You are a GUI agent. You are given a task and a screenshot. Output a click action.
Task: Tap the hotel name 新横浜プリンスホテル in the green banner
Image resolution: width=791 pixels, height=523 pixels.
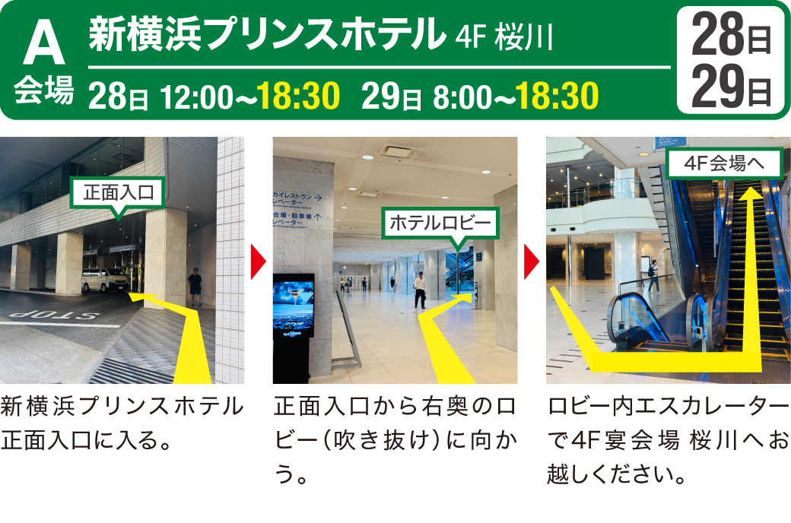coord(268,34)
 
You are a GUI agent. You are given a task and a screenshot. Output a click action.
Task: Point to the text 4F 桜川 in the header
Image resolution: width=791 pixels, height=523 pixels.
coord(504,37)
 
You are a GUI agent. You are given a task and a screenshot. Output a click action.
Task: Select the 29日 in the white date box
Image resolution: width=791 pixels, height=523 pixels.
coord(731,86)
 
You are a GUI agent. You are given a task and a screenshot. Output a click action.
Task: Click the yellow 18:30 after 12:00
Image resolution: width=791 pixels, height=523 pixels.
coord(298,96)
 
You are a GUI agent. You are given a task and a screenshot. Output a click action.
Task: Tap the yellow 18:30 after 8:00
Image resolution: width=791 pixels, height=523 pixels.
coord(557,96)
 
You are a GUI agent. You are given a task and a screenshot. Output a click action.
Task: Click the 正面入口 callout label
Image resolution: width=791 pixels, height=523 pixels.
coord(119,193)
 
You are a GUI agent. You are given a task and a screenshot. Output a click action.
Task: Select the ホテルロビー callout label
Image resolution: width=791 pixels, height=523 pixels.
coord(440,223)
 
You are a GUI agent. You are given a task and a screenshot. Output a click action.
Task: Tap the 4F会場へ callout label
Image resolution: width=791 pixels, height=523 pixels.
coord(724,163)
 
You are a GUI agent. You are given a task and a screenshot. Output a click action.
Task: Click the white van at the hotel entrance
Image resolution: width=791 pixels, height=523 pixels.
coord(105,280)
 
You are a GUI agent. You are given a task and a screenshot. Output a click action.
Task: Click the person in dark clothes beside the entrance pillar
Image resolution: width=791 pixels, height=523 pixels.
coord(195,287)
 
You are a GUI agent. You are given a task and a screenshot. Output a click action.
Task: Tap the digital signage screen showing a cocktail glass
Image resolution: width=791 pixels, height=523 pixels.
coord(293,306)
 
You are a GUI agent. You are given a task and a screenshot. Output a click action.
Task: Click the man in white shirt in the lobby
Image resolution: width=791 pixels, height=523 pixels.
coord(420,290)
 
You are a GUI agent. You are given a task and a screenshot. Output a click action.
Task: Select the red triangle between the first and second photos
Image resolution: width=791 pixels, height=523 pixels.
coord(259,261)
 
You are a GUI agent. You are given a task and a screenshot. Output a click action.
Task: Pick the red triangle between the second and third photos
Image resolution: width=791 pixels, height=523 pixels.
coord(532,261)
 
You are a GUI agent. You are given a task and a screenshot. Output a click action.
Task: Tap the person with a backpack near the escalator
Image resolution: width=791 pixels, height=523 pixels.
coord(653,276)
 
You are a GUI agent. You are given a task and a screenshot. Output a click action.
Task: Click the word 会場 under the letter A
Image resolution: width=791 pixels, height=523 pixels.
coord(44,90)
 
